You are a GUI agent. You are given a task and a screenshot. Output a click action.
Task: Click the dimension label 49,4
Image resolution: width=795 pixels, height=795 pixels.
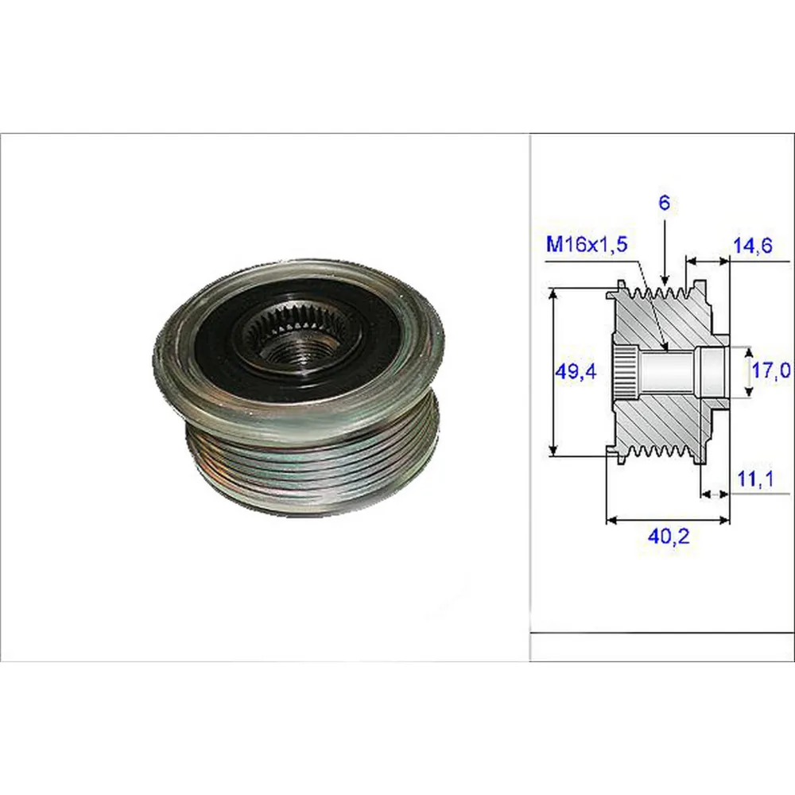(576, 371)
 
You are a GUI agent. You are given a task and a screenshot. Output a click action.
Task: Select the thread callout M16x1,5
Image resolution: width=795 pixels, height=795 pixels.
(587, 244)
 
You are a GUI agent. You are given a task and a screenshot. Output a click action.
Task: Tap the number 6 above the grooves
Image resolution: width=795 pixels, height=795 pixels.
(664, 203)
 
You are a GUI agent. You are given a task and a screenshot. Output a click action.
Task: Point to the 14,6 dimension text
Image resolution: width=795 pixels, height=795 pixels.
(753, 246)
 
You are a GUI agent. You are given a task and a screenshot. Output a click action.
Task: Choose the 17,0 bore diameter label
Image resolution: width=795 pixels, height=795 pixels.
(770, 370)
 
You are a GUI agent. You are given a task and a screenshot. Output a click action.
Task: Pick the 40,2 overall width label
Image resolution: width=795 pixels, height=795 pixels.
(669, 536)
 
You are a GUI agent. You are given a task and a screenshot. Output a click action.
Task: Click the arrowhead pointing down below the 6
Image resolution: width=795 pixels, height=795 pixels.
(665, 279)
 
